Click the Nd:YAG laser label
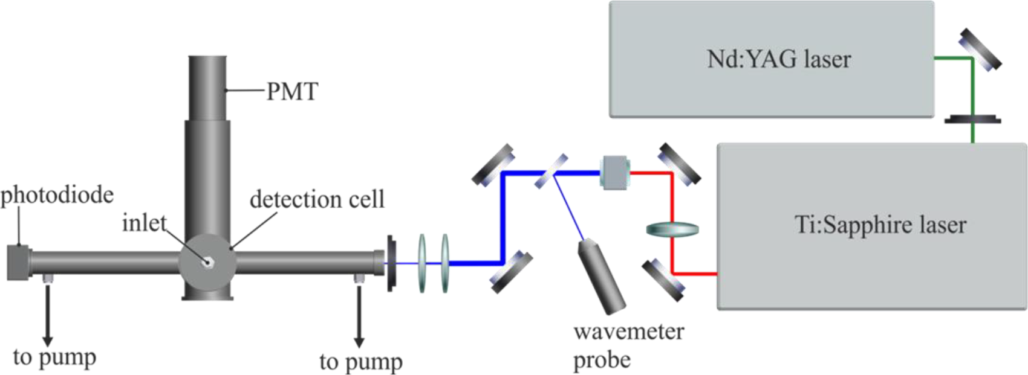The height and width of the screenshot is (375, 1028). tap(779, 59)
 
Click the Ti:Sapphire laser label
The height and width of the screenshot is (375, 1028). tap(880, 225)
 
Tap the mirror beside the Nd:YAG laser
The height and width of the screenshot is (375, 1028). tap(980, 50)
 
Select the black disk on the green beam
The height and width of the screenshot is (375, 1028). tap(972, 119)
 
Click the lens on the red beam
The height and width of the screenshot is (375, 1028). tap(672, 229)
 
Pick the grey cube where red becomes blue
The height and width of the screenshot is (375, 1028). tap(615, 172)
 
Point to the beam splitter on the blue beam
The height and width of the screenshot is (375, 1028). tap(551, 171)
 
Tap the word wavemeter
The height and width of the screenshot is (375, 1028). tap(628, 332)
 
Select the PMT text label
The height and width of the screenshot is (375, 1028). tap(292, 92)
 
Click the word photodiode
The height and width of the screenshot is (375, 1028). tap(57, 195)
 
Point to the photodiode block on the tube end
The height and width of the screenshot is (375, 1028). tap(18, 263)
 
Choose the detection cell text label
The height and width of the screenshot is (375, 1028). tap(317, 199)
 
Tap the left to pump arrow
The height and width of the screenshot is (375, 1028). tap(47, 314)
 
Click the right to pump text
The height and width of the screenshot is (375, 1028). tap(360, 362)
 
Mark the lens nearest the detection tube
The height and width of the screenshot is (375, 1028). tap(422, 263)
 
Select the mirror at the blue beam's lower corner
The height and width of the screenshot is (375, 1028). tap(511, 273)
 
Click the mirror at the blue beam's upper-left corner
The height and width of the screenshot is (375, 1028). tap(493, 165)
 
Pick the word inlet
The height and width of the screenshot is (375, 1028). tap(144, 223)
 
